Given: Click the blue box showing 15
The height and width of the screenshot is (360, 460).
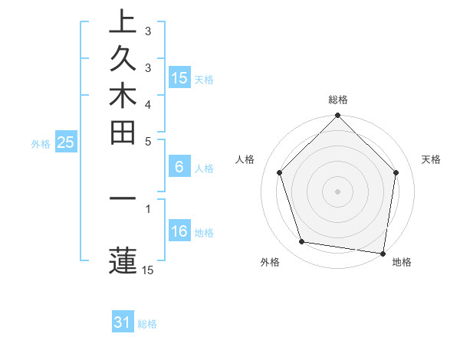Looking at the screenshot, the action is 179,77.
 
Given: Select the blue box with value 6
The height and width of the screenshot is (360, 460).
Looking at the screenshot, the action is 179,167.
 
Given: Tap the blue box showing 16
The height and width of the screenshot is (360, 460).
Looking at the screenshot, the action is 179,231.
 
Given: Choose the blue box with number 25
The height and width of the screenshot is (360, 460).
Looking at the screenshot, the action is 66,142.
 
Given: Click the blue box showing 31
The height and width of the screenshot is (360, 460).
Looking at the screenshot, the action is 123,322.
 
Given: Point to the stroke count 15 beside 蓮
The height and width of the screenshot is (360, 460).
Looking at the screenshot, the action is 148,270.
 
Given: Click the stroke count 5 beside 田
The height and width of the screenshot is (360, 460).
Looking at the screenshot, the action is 148,141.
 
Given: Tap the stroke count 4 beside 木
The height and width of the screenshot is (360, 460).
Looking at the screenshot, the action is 148,103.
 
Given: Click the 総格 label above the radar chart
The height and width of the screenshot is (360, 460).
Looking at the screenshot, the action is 338,100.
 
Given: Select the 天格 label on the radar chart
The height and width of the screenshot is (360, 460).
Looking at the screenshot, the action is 432,159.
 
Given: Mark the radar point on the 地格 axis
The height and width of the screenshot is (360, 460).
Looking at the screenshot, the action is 383,253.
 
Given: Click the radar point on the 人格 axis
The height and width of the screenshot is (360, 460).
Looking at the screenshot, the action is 280,172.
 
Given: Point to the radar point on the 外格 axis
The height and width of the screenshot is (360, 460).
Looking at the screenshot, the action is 302,242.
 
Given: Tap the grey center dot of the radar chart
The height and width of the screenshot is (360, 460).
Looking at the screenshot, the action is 338,191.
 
